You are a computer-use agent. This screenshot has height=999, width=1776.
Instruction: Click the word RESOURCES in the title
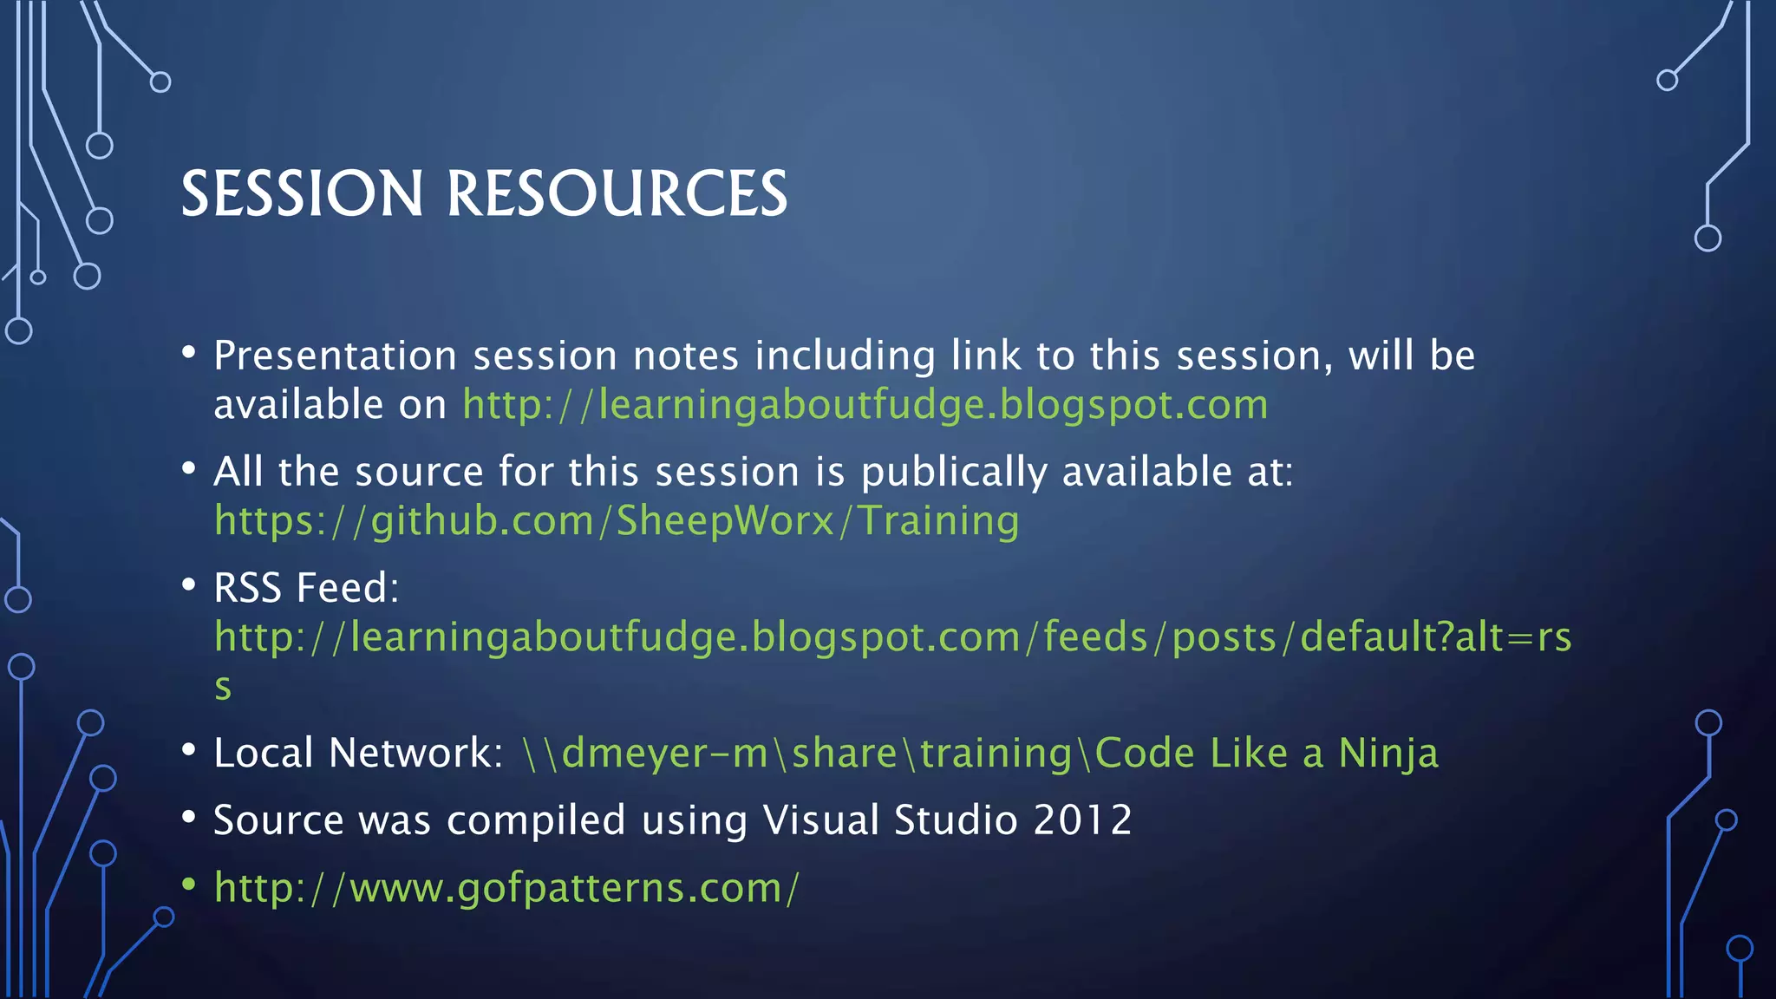[617, 193]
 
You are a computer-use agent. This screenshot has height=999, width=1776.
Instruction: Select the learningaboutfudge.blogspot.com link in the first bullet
[865, 405]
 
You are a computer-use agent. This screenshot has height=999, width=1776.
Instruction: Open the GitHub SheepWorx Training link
[617, 521]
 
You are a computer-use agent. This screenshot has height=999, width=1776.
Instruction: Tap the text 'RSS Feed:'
[306, 588]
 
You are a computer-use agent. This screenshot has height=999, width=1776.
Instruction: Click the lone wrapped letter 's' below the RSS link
[223, 687]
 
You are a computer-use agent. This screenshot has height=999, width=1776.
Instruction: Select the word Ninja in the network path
[1387, 753]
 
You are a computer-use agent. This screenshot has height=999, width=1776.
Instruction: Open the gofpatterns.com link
[506, 888]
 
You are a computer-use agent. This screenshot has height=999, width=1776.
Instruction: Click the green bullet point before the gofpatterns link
[189, 885]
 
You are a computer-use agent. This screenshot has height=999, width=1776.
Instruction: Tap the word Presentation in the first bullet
[335, 356]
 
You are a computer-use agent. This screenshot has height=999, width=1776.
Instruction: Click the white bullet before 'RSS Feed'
[189, 584]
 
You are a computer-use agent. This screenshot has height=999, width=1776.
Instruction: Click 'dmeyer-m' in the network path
[664, 753]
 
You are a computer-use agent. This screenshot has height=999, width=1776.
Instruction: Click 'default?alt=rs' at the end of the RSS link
[1435, 637]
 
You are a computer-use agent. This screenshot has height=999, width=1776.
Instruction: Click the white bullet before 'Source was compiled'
[189, 817]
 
